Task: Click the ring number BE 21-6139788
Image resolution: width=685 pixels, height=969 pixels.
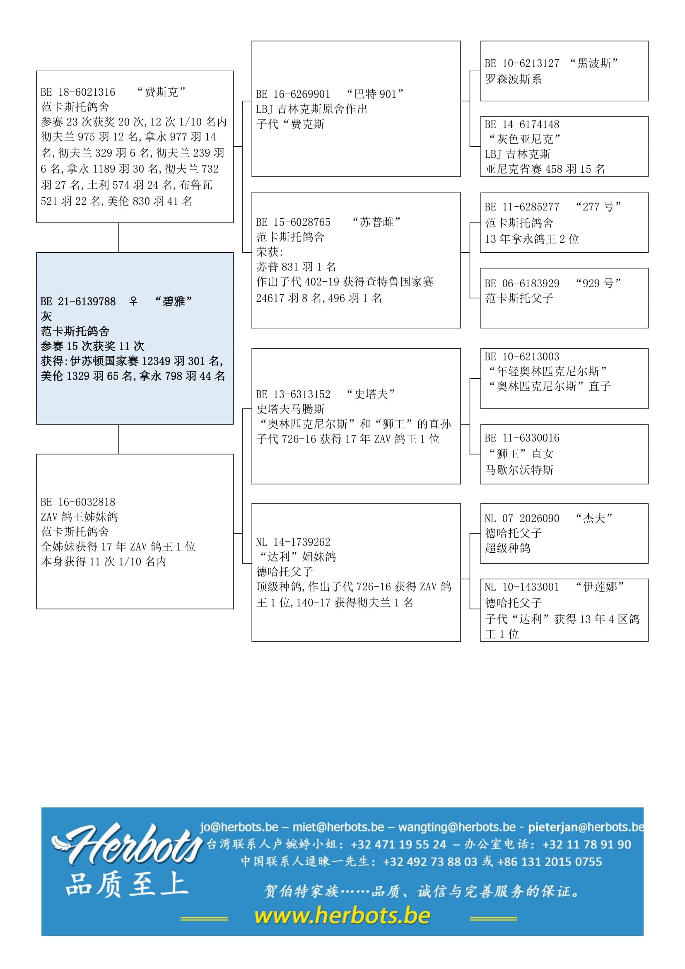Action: (x=78, y=301)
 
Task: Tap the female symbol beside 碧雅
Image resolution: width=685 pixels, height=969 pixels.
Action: (x=133, y=301)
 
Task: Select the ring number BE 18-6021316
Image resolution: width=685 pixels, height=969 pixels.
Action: (x=78, y=92)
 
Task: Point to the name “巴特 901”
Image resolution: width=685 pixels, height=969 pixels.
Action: (x=374, y=94)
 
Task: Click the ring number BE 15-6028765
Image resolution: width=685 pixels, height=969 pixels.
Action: (x=293, y=222)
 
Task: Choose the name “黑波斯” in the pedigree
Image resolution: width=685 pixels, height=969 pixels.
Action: (x=594, y=63)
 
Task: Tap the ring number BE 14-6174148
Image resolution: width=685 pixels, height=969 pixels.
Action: (x=522, y=125)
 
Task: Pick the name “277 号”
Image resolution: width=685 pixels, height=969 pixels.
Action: (x=598, y=207)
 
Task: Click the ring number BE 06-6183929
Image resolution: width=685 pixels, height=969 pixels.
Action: (x=522, y=283)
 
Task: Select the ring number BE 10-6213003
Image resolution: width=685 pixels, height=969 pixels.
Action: (x=522, y=357)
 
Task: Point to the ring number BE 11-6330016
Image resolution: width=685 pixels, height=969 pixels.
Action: (x=522, y=438)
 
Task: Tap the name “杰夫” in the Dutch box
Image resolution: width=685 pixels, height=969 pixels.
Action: (x=594, y=518)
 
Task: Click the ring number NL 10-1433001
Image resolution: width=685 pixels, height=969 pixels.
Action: (x=522, y=587)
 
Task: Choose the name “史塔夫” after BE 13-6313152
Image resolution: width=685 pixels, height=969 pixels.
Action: (x=370, y=394)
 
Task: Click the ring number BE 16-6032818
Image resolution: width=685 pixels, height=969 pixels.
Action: (x=78, y=502)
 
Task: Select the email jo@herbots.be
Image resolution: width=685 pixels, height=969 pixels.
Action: (x=239, y=827)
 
